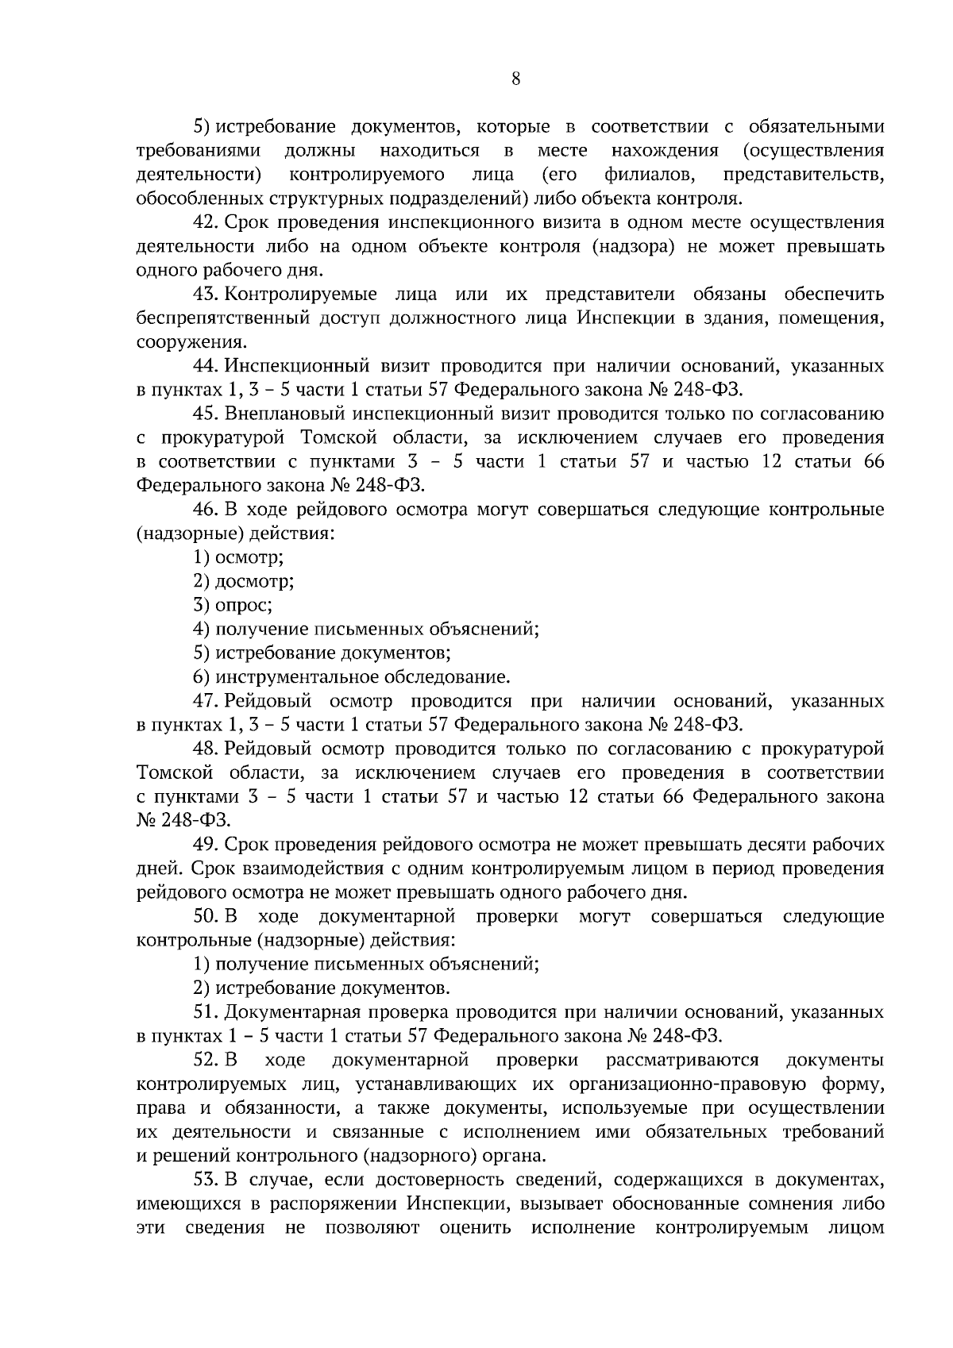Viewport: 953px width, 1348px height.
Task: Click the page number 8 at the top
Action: coord(515,78)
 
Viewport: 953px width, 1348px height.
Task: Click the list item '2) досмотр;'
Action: coord(244,581)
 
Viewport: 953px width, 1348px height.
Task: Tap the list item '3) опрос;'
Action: coord(233,605)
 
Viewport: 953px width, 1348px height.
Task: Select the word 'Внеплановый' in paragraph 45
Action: coord(282,414)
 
